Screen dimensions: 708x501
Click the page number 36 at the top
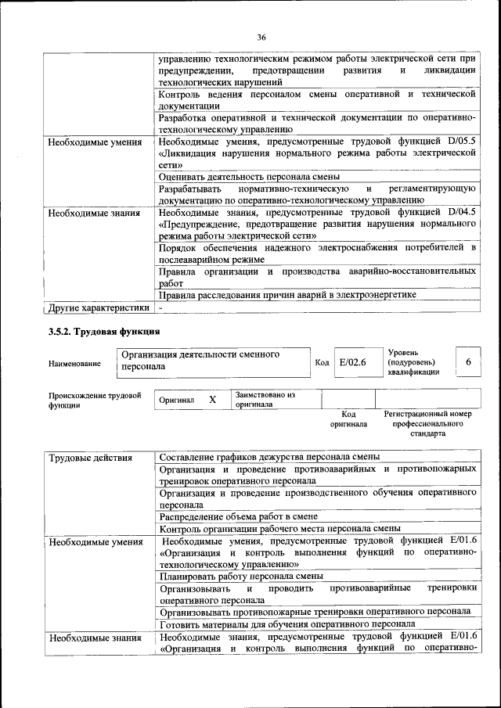(x=261, y=37)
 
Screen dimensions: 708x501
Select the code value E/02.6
(x=354, y=362)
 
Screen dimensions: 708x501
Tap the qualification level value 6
(x=468, y=362)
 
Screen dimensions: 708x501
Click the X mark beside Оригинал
(x=212, y=400)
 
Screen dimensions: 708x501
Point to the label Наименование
(x=74, y=364)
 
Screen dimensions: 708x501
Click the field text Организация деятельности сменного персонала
(x=200, y=360)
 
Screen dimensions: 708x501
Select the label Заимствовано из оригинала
(x=265, y=400)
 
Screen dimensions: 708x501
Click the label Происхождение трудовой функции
(x=94, y=401)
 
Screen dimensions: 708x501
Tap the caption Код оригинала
(x=348, y=419)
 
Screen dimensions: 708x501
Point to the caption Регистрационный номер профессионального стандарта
(x=427, y=423)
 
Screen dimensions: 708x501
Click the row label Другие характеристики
(x=97, y=307)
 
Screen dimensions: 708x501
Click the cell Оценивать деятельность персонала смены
(x=249, y=177)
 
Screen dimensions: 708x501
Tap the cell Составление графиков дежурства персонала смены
(x=269, y=457)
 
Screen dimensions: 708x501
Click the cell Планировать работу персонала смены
(x=241, y=576)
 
